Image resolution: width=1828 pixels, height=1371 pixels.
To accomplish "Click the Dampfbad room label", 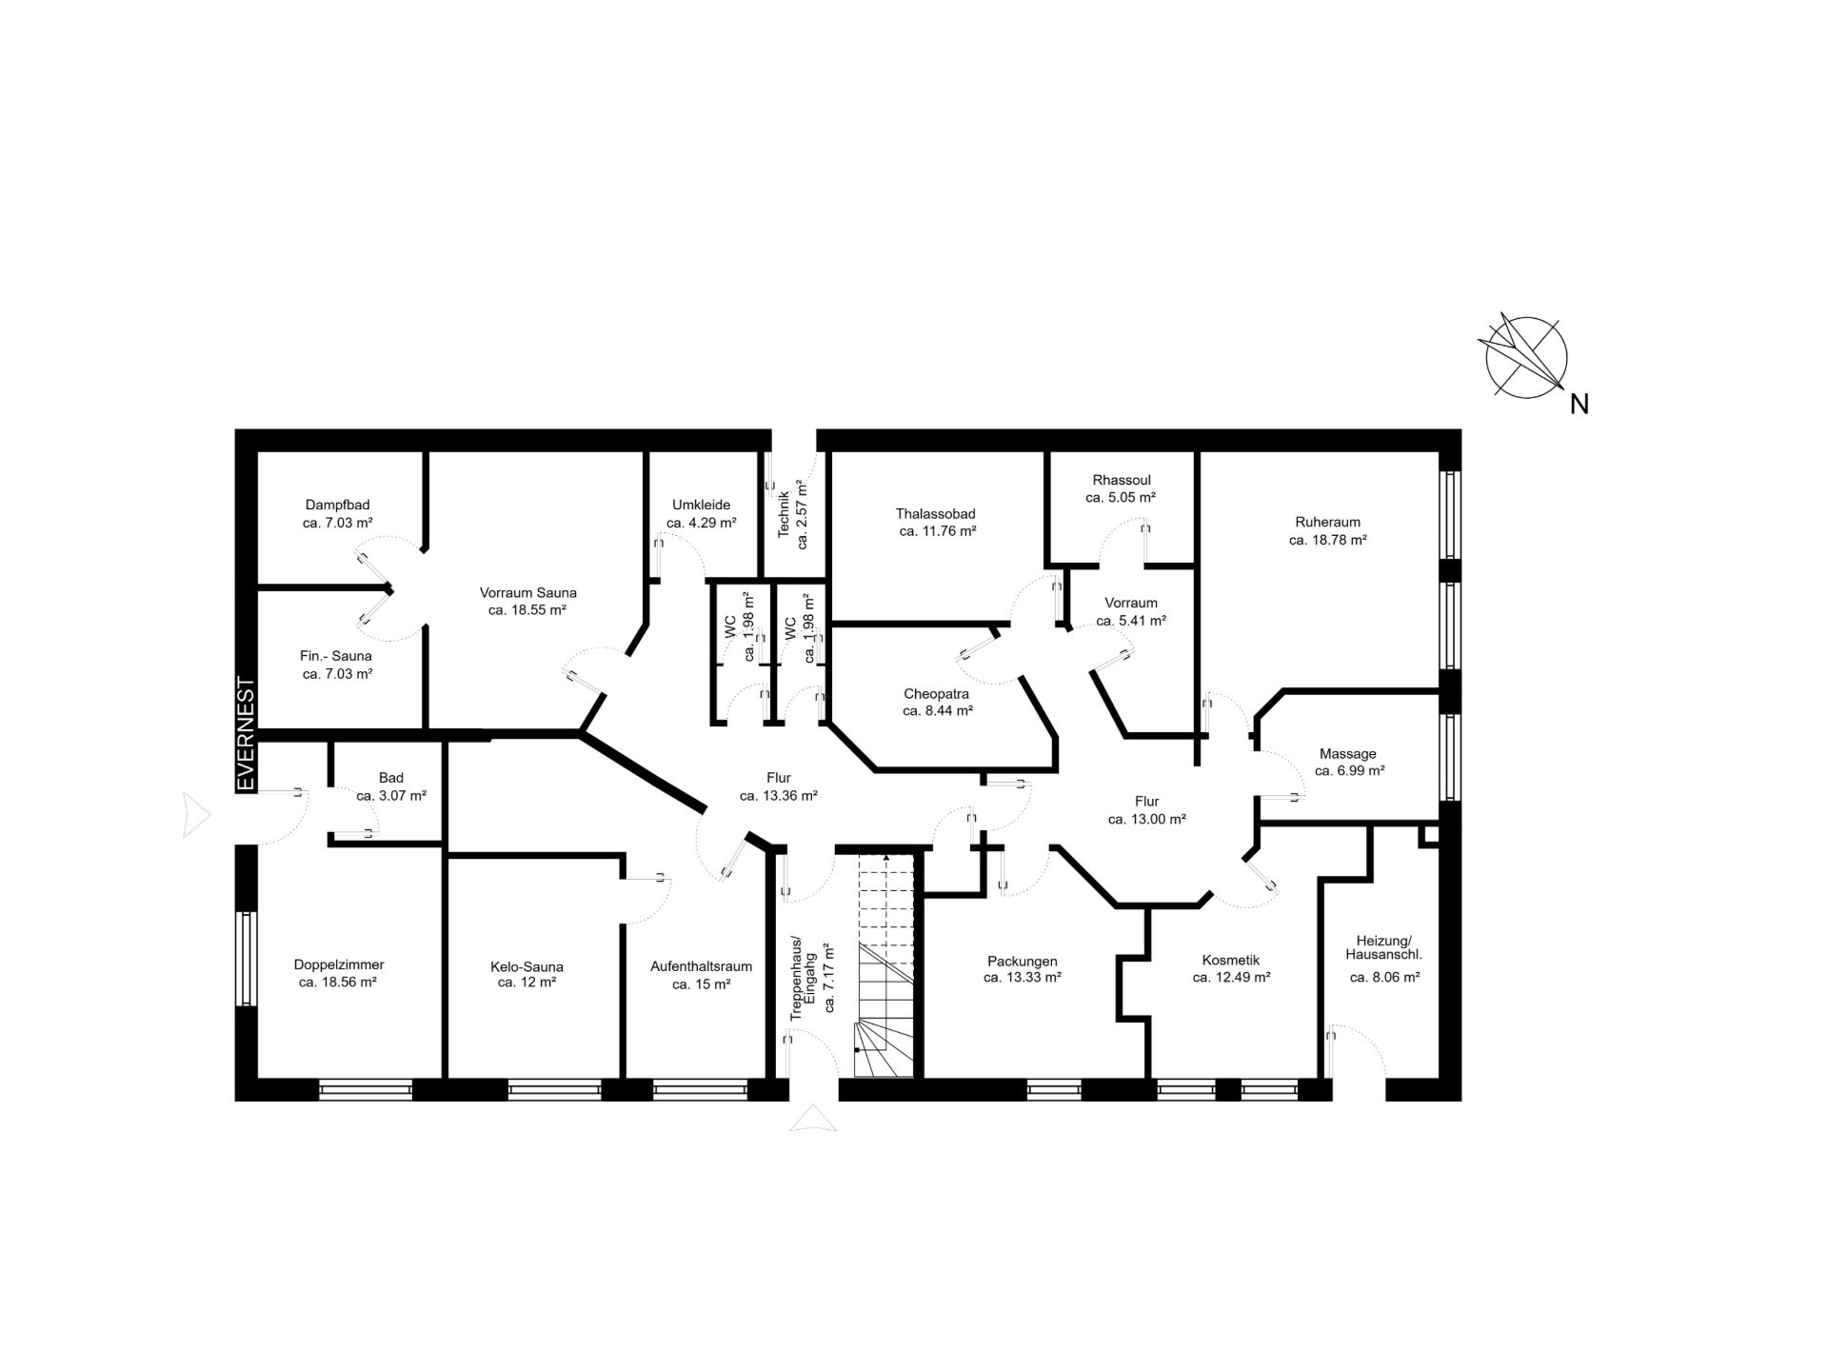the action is (337, 505).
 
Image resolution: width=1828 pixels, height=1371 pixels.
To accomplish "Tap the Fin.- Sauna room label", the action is (336, 656).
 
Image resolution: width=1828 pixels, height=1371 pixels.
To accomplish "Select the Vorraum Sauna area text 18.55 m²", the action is (527, 610).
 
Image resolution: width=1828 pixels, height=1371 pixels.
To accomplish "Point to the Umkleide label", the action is (701, 505).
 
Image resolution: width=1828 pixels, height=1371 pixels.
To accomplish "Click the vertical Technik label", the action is (785, 515).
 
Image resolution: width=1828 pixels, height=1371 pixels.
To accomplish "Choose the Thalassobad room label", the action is (936, 514).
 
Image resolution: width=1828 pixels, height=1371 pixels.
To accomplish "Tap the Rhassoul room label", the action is (1122, 480).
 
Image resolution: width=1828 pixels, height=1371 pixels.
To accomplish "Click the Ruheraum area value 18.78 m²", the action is (1328, 540).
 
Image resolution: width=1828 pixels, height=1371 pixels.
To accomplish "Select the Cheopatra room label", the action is (937, 694).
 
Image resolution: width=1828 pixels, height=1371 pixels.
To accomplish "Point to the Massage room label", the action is (1348, 754).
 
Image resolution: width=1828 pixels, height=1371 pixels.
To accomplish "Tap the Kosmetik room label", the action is (1231, 961).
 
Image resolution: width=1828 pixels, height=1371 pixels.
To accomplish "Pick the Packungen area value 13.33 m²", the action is (1023, 977).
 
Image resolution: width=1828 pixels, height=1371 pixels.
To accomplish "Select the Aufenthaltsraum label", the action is (702, 966).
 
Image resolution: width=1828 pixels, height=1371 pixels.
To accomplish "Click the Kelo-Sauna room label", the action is (527, 967).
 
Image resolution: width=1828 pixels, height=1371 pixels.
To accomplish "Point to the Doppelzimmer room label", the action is (339, 965).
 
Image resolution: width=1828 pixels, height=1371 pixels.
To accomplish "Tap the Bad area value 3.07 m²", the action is (391, 796).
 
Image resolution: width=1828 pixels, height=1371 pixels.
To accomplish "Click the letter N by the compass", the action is (1580, 405).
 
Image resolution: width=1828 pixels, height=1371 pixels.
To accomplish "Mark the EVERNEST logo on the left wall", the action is (246, 733).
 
